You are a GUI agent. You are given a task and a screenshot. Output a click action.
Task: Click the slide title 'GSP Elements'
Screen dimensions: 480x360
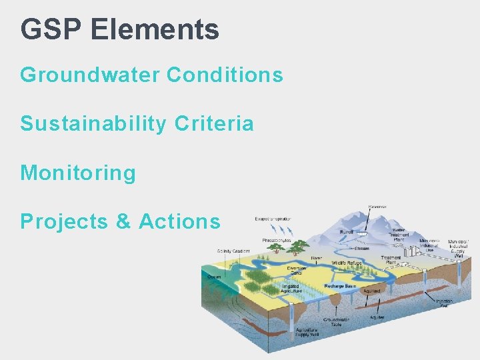119,29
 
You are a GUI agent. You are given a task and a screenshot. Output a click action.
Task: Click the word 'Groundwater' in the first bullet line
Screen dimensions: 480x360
90,75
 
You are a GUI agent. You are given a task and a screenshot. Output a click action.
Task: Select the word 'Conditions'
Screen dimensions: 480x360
225,75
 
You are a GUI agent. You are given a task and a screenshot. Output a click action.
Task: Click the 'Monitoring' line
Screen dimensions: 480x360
78,173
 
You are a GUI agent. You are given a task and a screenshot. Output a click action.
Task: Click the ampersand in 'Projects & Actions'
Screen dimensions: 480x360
124,221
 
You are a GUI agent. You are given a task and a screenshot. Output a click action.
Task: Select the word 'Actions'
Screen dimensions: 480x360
179,221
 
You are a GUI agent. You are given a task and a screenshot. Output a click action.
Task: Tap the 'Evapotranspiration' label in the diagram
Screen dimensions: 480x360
271,219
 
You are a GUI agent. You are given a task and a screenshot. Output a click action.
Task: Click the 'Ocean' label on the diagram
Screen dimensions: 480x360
214,276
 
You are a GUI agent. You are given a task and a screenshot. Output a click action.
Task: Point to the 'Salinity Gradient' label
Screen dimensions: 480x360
233,251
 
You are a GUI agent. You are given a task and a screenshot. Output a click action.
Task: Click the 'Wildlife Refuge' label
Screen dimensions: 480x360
347,264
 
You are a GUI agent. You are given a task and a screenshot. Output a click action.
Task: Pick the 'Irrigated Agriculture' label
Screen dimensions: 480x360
291,289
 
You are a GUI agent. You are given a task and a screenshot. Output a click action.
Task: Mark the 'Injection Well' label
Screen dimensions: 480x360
445,302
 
